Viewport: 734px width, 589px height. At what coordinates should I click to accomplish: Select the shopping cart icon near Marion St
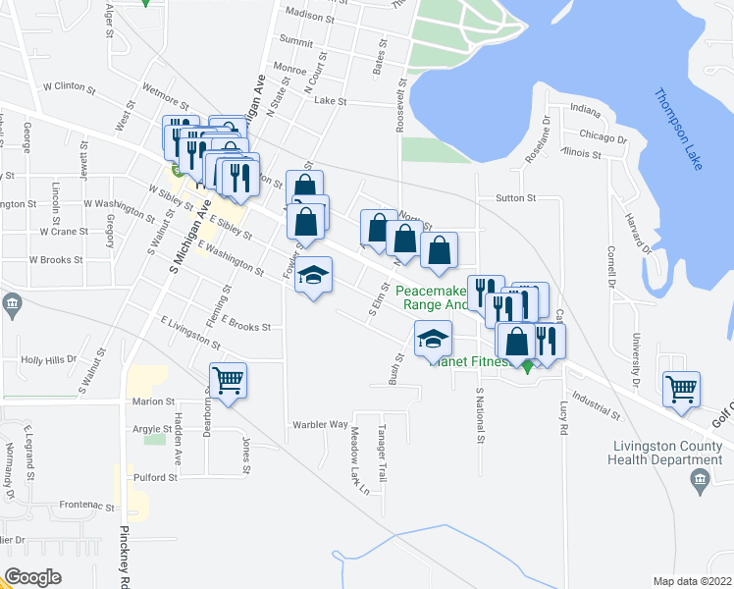(x=228, y=379)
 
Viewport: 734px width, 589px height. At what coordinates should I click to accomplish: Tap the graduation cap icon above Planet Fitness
(x=432, y=340)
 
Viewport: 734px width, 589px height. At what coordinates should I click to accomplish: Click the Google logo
(x=33, y=577)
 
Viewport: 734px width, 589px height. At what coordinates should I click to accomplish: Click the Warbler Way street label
(x=320, y=425)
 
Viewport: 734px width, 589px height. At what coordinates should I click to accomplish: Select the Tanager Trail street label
(x=385, y=456)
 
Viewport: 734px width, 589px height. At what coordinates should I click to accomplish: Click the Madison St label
(x=309, y=17)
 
